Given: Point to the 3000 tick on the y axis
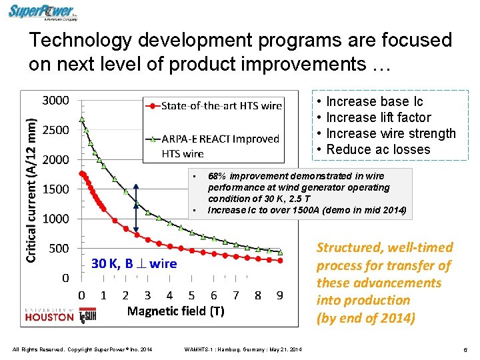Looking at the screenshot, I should click(55, 101).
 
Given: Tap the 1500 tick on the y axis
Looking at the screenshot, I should click(55, 189).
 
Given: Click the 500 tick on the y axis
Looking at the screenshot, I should click(58, 249).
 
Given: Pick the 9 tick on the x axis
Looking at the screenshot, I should click(280, 295).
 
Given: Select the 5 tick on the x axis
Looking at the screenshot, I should click(191, 295).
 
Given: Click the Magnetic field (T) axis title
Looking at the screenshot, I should click(175, 311).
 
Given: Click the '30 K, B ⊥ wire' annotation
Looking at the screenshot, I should click(134, 263).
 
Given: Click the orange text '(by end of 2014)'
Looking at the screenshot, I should click(365, 318).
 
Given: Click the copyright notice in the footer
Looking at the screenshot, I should click(82, 349).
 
